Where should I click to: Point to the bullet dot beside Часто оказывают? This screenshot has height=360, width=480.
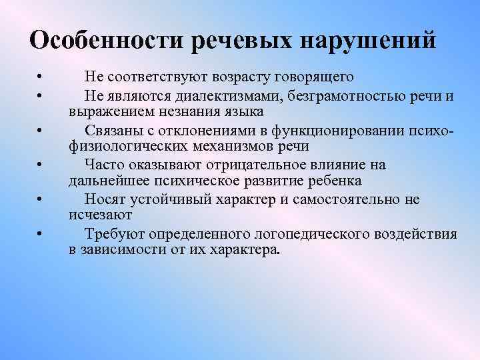[x=41, y=164]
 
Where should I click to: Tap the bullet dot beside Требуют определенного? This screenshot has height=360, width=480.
[x=41, y=234]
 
